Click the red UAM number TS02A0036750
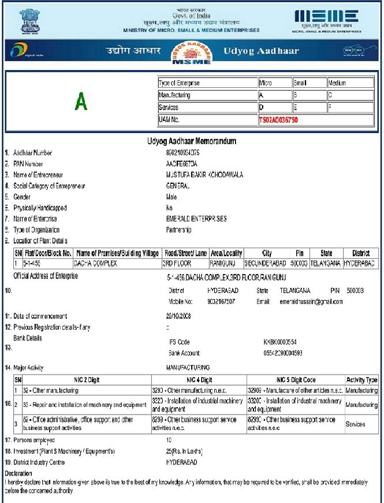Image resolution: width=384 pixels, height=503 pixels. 278,120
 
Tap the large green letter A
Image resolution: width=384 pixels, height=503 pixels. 81,102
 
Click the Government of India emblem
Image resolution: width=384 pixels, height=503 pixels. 27,20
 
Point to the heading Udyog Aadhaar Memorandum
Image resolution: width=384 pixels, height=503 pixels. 192,141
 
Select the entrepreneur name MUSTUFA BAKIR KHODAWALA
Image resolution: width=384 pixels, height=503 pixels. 201,175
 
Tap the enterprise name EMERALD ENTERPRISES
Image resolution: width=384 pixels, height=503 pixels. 196,219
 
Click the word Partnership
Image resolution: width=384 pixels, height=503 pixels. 178,230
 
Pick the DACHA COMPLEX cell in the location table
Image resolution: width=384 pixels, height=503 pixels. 95,263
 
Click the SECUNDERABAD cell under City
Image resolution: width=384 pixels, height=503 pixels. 266,263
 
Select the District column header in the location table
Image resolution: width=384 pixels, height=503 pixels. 361,253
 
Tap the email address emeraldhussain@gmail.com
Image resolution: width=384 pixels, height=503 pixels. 311,302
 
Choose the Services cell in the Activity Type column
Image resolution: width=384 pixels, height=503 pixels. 355,424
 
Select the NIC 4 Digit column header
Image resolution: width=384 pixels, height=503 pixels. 199,380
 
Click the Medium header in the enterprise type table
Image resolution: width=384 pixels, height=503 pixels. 337,83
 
